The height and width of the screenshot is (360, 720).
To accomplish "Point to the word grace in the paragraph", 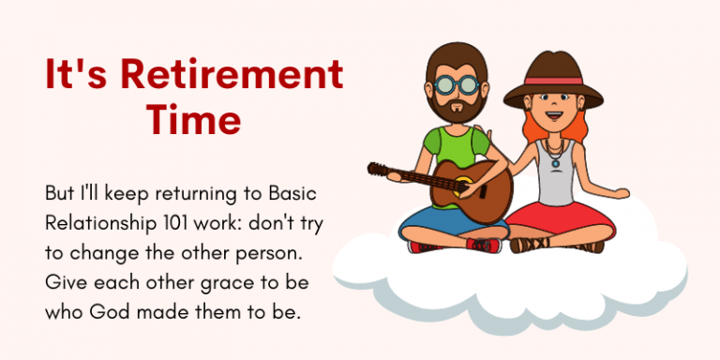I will [x=217, y=282].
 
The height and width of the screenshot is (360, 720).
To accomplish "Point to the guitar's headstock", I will [x=378, y=170].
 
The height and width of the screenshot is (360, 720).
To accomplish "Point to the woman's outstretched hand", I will [x=619, y=194].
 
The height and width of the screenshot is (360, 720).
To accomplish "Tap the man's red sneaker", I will [x=484, y=245].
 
